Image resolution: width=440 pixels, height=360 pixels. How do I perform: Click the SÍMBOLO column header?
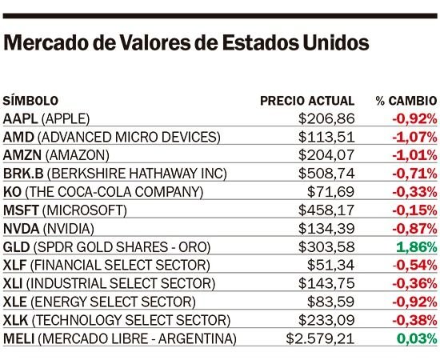[30, 101]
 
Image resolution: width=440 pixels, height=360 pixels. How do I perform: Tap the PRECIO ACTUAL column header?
[307, 101]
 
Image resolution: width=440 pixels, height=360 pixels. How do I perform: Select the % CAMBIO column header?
[406, 101]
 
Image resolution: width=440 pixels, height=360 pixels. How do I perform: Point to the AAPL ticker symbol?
[20, 118]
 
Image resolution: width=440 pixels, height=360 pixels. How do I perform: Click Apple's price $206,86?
[326, 118]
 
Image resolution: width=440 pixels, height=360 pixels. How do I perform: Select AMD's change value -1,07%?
[414, 138]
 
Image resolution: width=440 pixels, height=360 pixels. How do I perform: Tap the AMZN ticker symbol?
[22, 155]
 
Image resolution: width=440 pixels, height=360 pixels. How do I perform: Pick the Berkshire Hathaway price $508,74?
[326, 174]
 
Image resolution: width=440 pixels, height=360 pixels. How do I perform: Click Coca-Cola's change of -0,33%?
[414, 192]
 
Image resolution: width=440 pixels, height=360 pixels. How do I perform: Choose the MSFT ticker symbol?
[21, 210]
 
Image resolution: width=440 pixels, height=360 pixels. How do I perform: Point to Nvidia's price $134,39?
[326, 229]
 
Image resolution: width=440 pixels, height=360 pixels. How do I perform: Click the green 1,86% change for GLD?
[417, 247]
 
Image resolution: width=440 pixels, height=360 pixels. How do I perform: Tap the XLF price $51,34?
[331, 265]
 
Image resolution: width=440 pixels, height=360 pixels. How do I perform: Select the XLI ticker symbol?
[13, 283]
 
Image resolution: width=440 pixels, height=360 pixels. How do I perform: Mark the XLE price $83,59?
[331, 302]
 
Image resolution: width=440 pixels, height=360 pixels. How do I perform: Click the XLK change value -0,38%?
[414, 320]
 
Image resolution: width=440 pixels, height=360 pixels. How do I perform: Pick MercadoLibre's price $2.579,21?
[320, 338]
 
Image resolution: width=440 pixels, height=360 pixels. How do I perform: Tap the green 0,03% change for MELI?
[417, 338]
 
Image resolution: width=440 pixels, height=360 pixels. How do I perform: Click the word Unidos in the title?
[336, 43]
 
